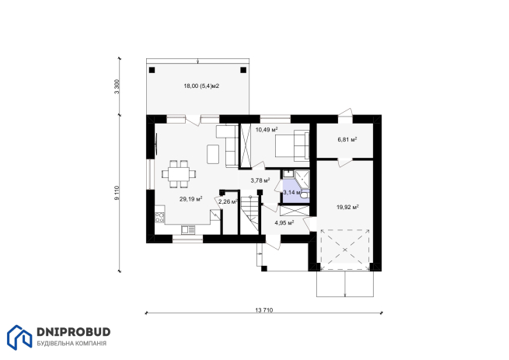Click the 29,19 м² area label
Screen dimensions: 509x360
191,199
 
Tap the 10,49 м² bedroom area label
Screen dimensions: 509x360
267,130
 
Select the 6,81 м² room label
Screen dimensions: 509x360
347,139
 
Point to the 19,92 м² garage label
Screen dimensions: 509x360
347,207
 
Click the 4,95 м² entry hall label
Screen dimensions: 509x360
284,222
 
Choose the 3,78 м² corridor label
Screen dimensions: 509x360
260,180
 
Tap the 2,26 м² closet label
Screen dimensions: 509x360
228,201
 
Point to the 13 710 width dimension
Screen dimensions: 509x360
264,310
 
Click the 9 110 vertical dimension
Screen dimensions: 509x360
117,193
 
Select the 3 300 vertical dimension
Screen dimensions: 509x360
117,86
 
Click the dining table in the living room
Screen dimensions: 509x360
179,174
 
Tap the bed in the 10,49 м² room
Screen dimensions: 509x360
292,145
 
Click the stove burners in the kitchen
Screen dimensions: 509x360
159,217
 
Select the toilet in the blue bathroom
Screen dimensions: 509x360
305,194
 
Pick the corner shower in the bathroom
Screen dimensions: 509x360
302,178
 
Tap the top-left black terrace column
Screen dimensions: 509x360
152,70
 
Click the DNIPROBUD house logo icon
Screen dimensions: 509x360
19,337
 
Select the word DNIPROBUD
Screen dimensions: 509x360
74,332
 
